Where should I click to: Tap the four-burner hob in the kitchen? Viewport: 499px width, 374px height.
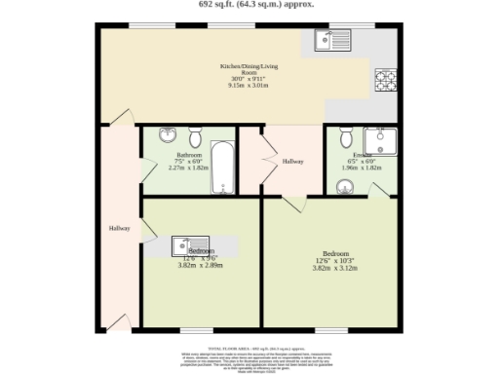tap(384, 78)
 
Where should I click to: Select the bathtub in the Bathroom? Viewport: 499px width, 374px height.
tap(223, 170)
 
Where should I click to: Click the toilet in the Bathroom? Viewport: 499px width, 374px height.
tap(195, 135)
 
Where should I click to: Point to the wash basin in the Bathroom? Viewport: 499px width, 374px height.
tap(167, 135)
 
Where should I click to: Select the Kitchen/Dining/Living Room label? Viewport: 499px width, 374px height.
tap(249, 70)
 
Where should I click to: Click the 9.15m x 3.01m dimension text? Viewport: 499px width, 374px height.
tap(249, 85)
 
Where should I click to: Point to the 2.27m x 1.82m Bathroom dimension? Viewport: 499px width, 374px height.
tap(188, 168)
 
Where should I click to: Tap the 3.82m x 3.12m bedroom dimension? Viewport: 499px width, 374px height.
tap(330, 267)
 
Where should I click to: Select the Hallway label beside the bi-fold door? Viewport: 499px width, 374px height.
tap(293, 162)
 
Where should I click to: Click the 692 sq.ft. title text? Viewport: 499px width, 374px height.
tap(249, 5)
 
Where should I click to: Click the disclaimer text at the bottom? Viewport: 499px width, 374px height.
tap(249, 357)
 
